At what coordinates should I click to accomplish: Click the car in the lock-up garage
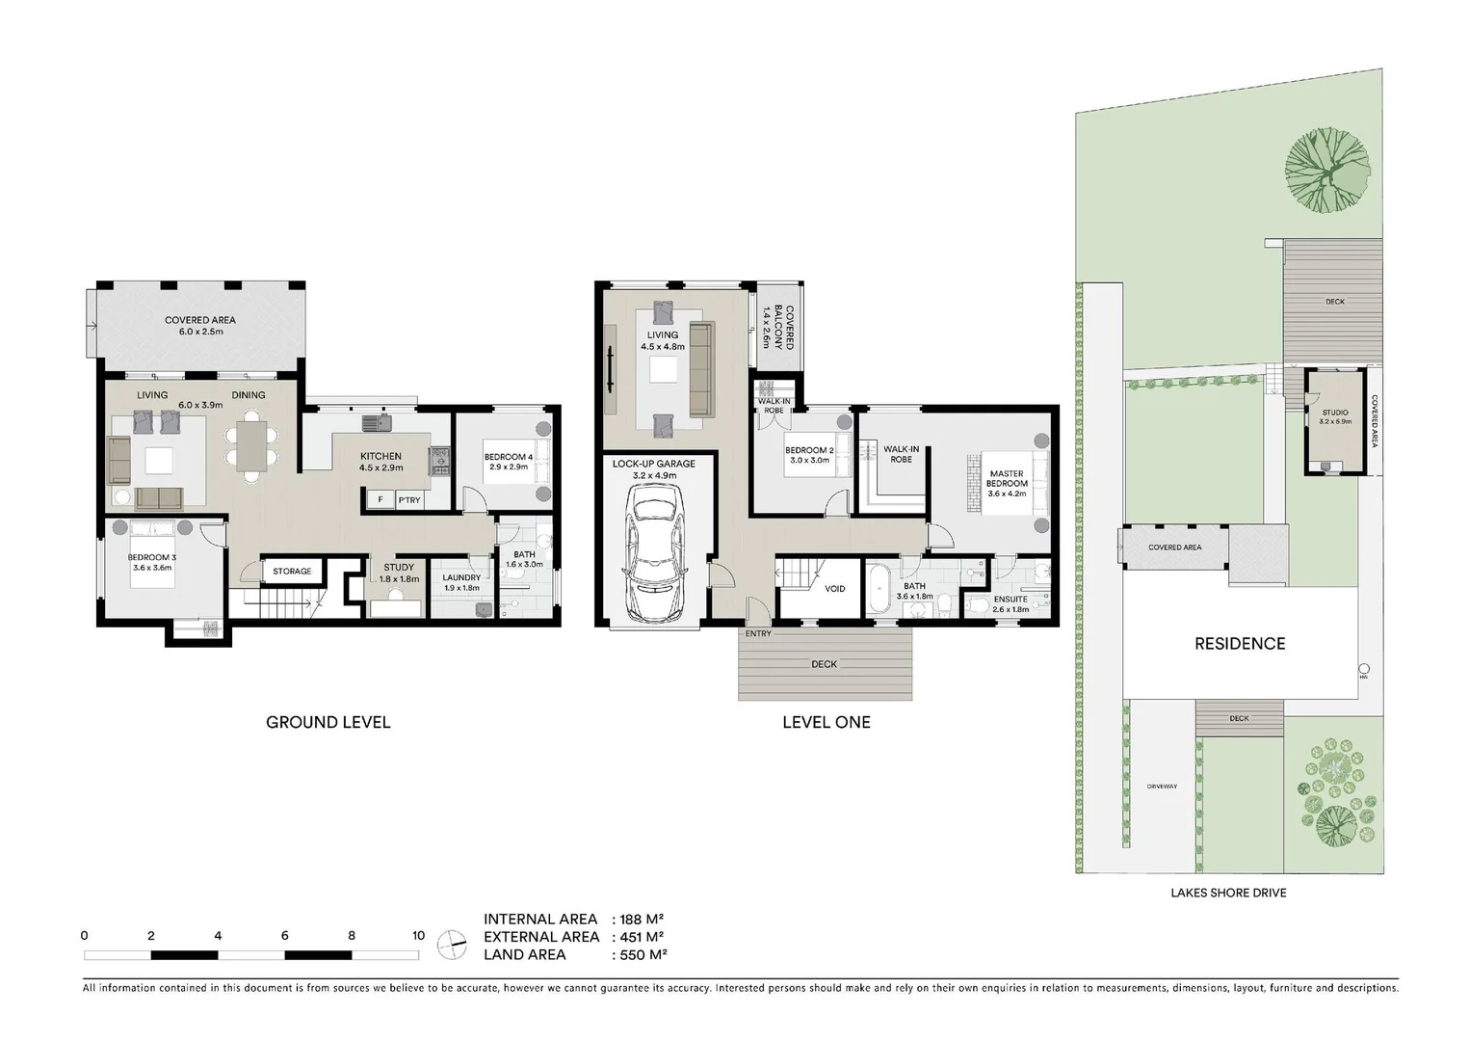[654, 554]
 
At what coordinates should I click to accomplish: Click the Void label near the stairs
[835, 588]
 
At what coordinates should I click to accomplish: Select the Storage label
[292, 572]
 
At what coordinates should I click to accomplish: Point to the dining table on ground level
[251, 446]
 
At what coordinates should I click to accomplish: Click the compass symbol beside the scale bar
[451, 945]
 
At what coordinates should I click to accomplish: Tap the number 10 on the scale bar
[418, 935]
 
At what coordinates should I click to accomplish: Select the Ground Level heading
[328, 722]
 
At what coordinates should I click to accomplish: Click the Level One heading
[826, 722]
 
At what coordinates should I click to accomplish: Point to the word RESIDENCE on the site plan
[1240, 644]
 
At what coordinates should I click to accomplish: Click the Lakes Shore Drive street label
[1228, 893]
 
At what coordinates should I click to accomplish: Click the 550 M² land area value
[641, 954]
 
